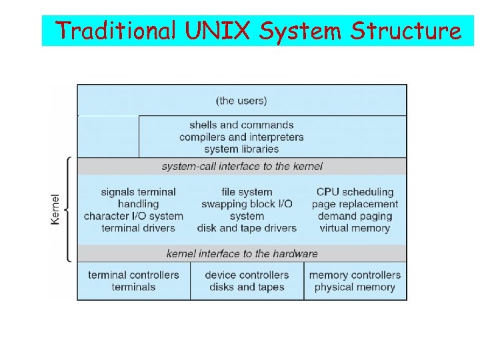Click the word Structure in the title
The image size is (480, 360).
click(x=406, y=31)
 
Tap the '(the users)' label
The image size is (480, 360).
click(x=241, y=101)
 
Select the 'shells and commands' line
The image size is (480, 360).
click(x=241, y=125)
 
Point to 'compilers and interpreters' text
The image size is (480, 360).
click(x=241, y=137)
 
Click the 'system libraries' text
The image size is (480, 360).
click(x=241, y=149)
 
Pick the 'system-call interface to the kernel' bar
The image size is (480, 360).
click(x=242, y=166)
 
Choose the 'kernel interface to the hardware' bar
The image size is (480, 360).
click(x=242, y=253)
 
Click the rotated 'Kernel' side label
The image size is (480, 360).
click(x=55, y=209)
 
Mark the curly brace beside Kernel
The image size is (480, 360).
click(x=68, y=209)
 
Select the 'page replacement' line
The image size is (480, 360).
click(x=355, y=204)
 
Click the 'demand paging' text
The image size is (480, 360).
click(x=355, y=216)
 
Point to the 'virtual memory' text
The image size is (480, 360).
click(x=355, y=228)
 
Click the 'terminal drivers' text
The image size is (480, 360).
click(x=138, y=228)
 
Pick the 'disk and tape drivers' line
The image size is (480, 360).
click(x=247, y=228)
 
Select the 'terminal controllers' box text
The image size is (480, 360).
click(x=133, y=275)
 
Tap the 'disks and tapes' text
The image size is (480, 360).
click(x=247, y=287)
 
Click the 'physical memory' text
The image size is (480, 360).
click(x=355, y=287)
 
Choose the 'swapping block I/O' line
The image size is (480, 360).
click(x=247, y=204)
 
